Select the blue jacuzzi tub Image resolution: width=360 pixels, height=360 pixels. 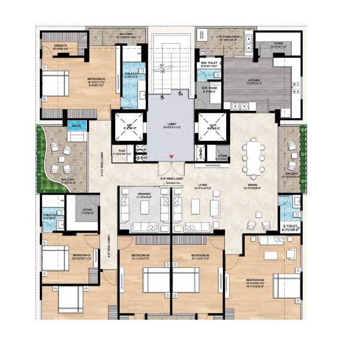point(76,126)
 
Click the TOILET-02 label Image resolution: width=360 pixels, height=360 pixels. point(50,216)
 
